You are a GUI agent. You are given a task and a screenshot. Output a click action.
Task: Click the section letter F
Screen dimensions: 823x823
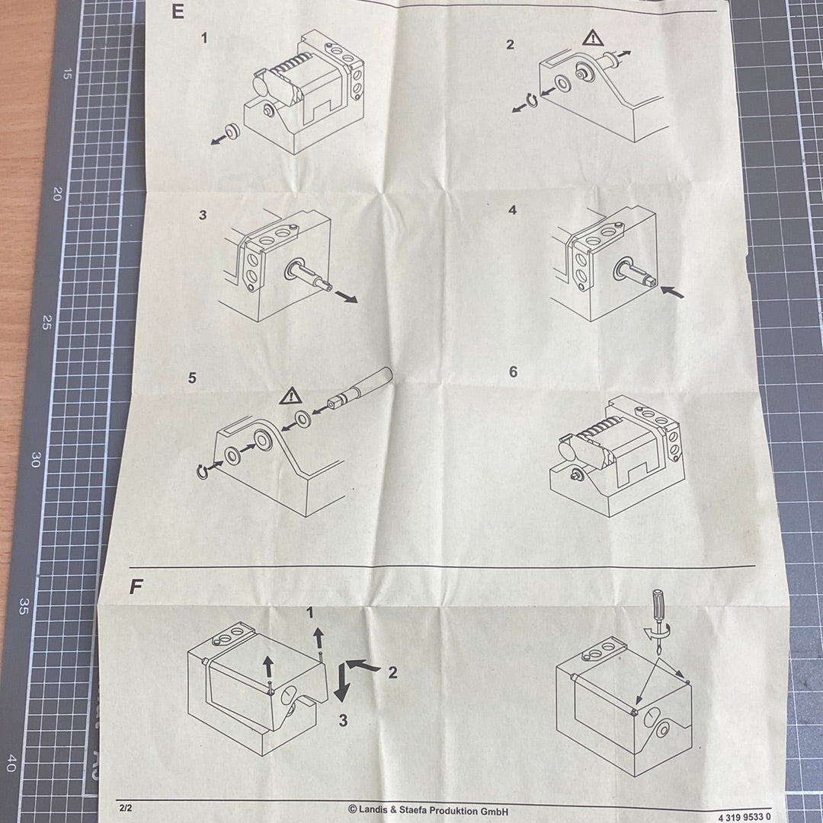136,586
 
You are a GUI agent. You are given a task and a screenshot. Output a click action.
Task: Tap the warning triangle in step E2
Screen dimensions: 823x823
593,38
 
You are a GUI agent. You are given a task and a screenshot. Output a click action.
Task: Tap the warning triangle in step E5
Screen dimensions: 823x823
290,396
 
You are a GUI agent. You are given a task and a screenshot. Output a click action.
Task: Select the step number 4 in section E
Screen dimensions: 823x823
513,210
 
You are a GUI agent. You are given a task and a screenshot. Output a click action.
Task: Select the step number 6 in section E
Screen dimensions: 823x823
513,372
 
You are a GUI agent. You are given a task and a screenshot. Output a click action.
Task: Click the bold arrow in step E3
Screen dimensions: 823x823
346,297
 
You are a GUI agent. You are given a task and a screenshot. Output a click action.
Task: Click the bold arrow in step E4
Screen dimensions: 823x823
672,292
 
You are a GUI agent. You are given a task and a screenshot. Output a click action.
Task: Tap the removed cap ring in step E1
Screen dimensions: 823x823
232,132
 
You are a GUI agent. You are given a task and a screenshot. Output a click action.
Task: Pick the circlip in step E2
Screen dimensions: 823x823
531,100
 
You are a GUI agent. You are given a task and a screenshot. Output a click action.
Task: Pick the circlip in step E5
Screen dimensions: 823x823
201,472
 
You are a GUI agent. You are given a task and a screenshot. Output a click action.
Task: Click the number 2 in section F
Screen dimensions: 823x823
392,672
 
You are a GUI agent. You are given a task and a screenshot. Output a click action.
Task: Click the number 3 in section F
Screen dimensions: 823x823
343,721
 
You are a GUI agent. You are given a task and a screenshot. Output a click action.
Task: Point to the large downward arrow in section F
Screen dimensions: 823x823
341,682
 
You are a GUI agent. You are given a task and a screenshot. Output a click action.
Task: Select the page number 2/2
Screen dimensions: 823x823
126,808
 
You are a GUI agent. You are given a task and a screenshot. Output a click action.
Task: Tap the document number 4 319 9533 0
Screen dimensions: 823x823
745,817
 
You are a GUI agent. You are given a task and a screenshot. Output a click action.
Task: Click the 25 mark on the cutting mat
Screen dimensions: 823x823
47,322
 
